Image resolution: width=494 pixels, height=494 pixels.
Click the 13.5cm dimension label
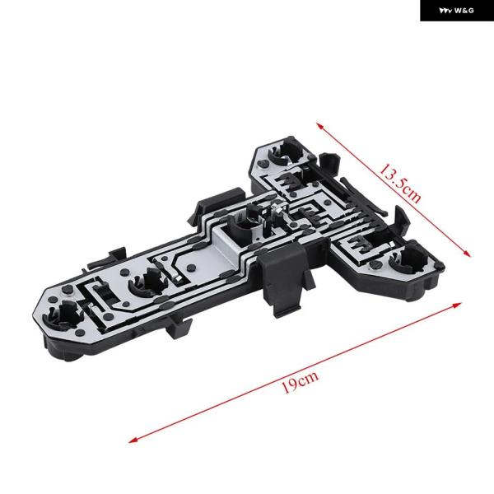click(x=399, y=184)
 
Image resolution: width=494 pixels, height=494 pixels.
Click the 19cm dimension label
click(x=300, y=381)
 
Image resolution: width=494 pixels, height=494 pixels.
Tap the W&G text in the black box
click(x=464, y=11)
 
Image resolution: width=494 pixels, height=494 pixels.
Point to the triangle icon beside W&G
click(x=445, y=11)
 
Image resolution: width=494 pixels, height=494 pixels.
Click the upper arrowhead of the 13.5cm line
click(x=320, y=126)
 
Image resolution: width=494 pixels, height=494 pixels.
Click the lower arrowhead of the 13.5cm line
click(x=467, y=254)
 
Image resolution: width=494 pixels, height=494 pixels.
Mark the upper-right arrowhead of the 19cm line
click(x=457, y=305)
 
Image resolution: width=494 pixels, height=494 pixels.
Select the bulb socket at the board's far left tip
click(x=63, y=315)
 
